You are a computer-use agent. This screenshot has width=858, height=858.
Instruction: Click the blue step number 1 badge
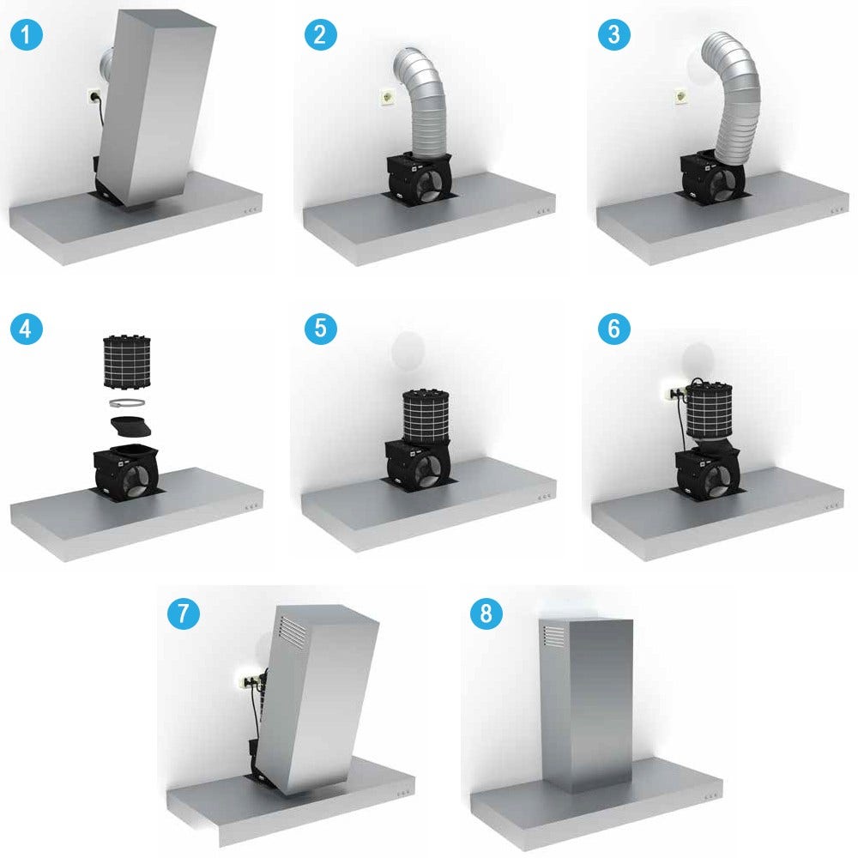coord(27,35)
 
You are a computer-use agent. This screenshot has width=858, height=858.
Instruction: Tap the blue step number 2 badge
coord(320,35)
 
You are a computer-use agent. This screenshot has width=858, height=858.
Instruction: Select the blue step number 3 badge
coord(614,35)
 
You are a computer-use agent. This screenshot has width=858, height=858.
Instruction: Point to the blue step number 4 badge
coord(27,329)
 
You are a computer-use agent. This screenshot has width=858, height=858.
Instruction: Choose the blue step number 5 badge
coord(320,329)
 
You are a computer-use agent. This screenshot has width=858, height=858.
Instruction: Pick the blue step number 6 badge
coord(614,329)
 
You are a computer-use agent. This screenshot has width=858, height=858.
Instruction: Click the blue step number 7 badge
coord(183,613)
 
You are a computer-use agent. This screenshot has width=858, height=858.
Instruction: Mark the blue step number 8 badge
coord(486,613)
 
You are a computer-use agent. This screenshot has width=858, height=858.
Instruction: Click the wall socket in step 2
coord(389,98)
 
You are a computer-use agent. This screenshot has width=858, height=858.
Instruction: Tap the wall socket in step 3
coord(681,98)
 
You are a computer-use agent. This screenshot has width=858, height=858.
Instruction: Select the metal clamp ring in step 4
coord(128,403)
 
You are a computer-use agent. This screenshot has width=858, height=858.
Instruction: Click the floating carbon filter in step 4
coord(127,362)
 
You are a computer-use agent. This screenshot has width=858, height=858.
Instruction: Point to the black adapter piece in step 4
coord(130,426)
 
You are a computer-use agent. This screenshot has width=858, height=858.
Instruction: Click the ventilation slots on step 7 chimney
coord(293,631)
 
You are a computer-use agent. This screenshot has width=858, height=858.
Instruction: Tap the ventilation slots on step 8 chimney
coord(553,636)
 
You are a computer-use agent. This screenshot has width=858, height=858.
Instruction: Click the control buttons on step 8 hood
coord(710,796)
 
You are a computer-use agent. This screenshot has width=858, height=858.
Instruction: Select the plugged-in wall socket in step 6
coord(674,393)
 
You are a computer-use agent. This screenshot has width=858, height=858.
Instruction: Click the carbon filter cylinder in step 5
coord(426,416)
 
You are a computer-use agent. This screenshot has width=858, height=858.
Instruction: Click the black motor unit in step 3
coord(712,175)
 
